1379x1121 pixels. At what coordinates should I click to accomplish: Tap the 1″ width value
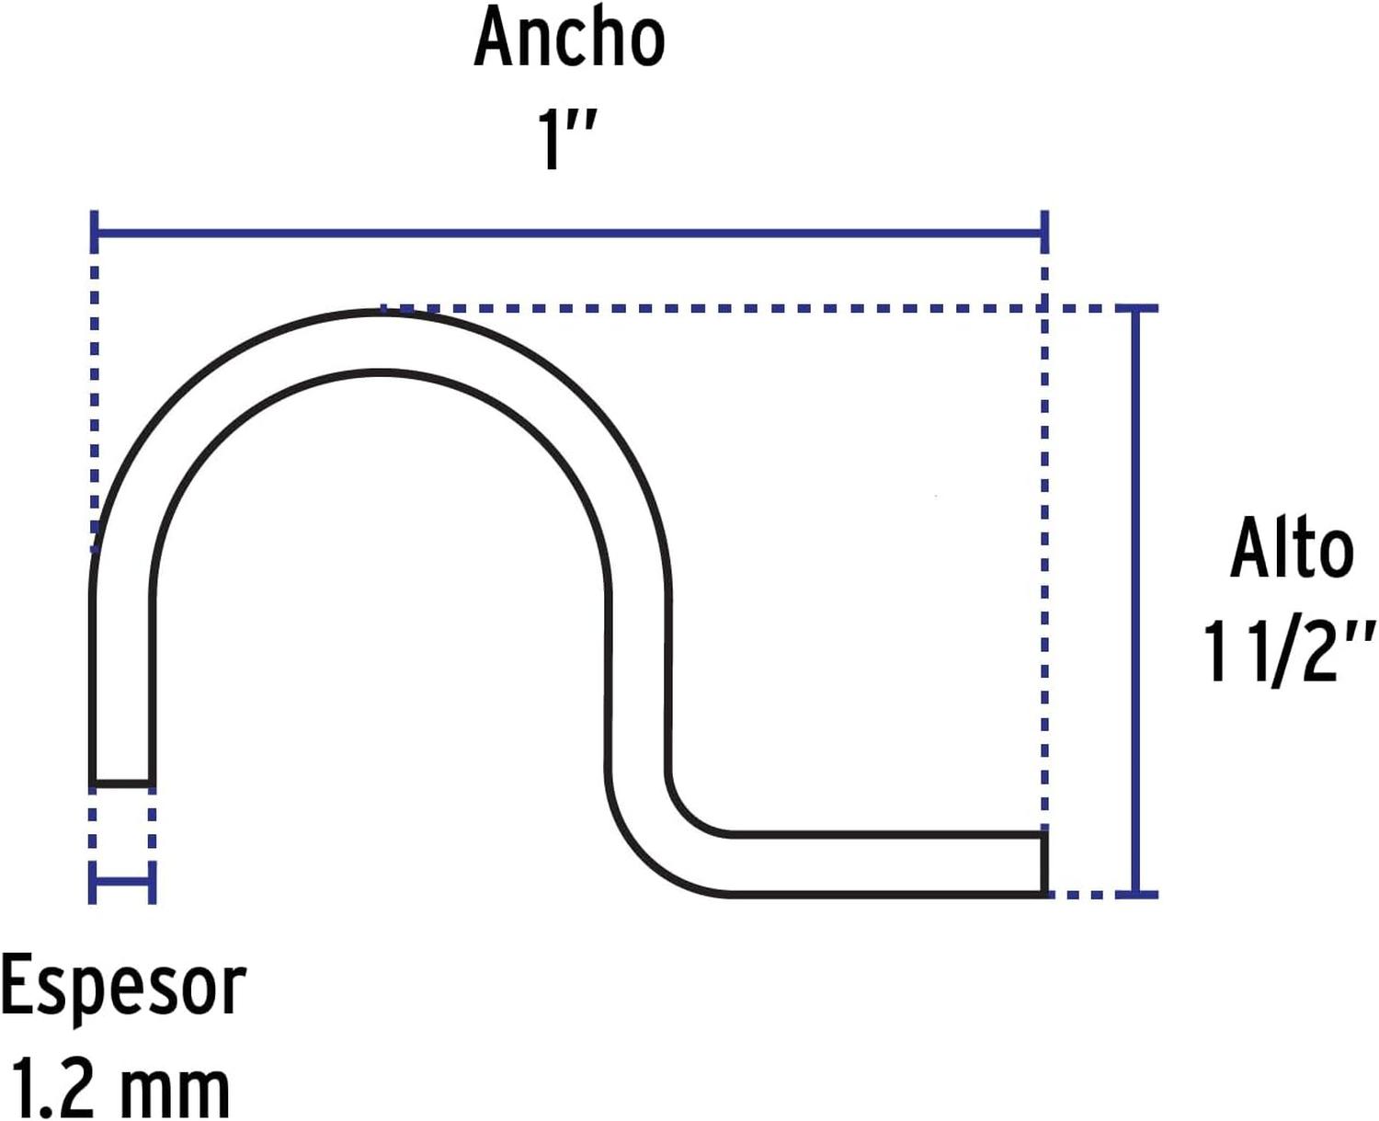tap(566, 139)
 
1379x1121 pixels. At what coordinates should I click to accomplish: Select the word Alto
tap(1292, 549)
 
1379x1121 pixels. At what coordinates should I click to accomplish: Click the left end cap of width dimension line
tap(95, 231)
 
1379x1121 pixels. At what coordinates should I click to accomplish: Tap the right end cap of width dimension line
tap(1044, 231)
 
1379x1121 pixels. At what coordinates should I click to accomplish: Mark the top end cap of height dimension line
tap(1136, 309)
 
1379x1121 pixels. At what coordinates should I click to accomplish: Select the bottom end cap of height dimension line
tap(1136, 895)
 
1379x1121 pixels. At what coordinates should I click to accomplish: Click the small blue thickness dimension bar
tap(122, 883)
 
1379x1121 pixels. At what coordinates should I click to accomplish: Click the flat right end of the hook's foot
tap(1044, 864)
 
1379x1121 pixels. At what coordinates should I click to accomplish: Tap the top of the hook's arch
tap(381, 313)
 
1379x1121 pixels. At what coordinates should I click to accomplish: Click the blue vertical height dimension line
tap(1136, 602)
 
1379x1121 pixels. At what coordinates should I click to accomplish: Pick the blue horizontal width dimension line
tap(570, 231)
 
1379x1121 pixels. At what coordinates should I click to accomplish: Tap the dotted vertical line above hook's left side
tap(95, 402)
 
